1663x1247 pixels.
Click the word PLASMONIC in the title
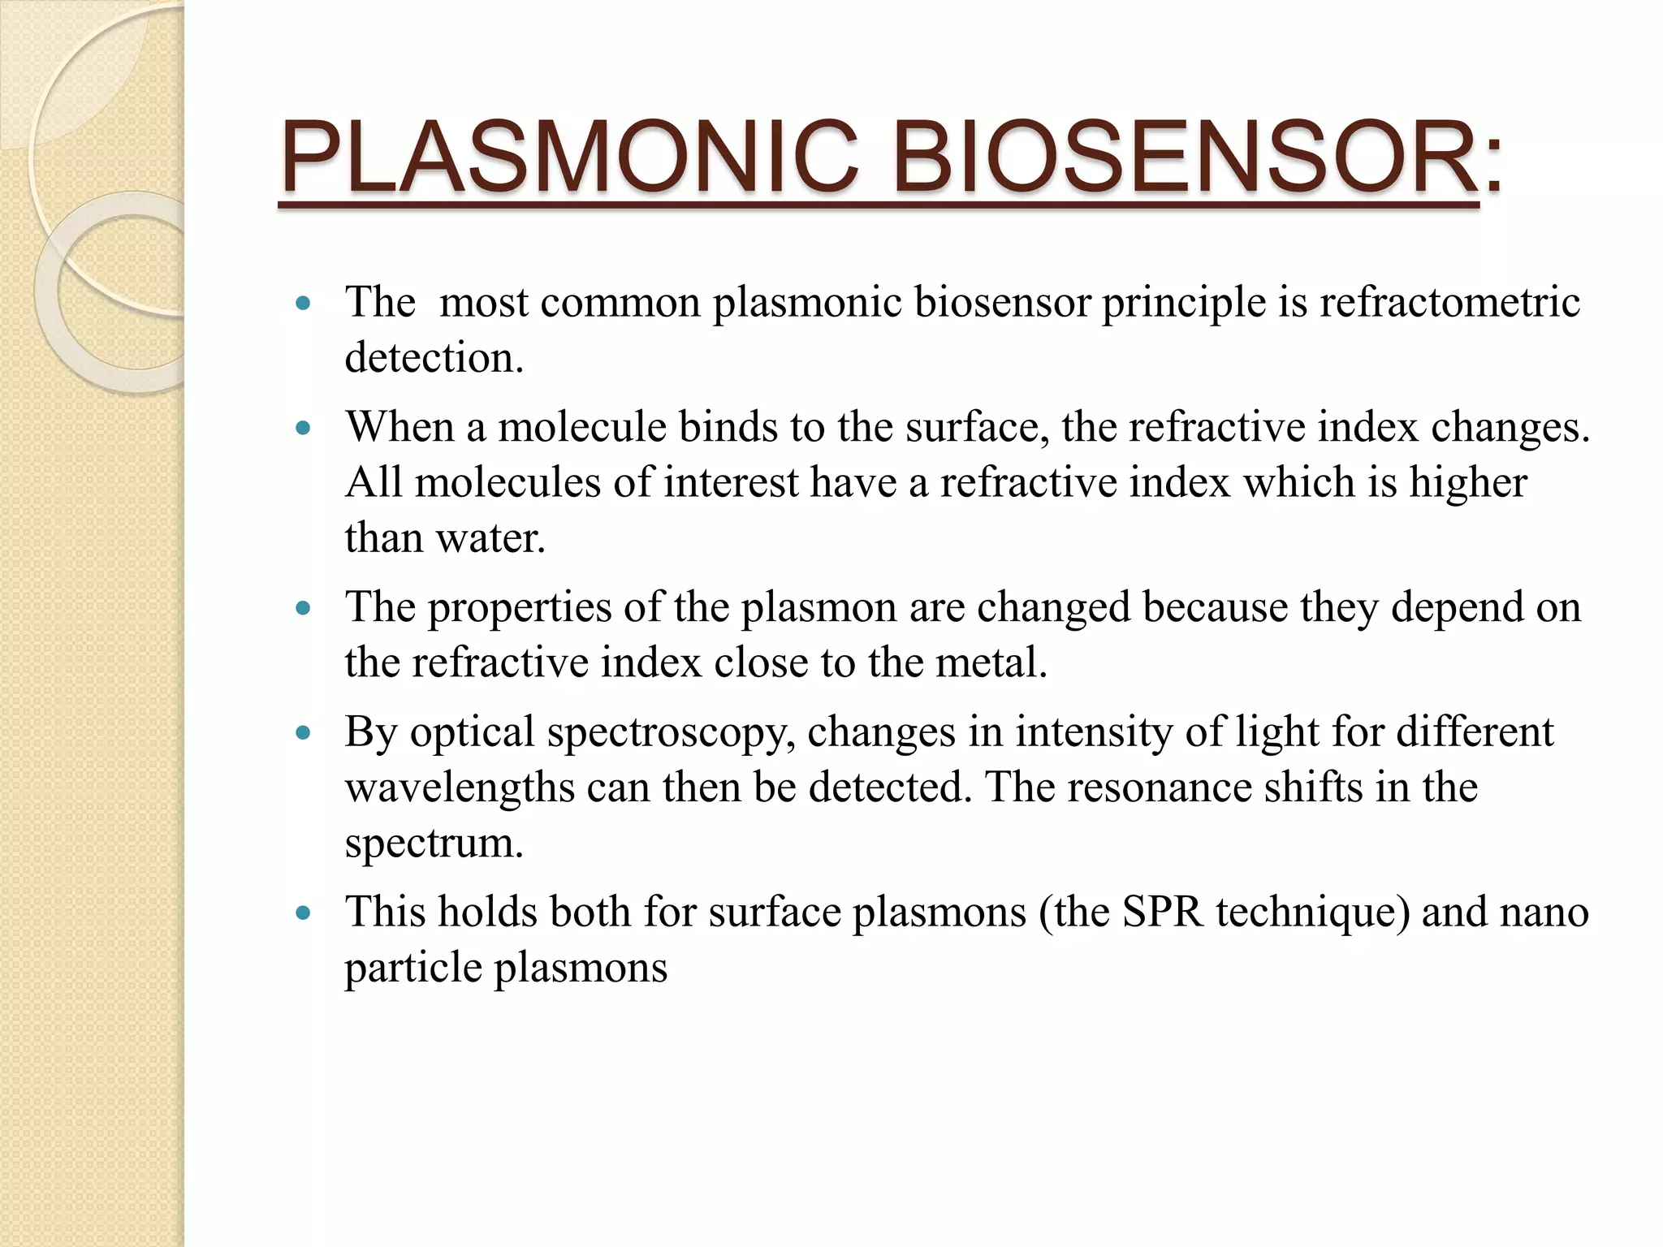[x=568, y=157]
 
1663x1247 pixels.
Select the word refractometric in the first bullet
[x=1449, y=303]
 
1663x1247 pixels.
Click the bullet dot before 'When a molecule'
[x=304, y=428]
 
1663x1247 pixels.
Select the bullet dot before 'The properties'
[x=304, y=608]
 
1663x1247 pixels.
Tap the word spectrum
[x=434, y=844]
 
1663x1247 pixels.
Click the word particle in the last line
[x=413, y=969]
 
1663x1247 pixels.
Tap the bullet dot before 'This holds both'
[x=304, y=913]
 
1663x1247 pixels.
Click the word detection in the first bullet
[x=434, y=358]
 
